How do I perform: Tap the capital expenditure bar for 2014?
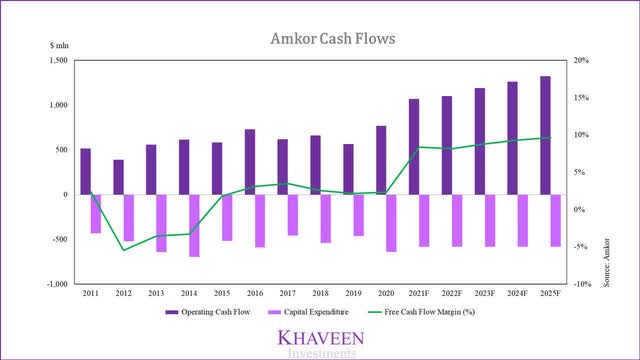(195, 225)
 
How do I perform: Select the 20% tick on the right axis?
(581, 61)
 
